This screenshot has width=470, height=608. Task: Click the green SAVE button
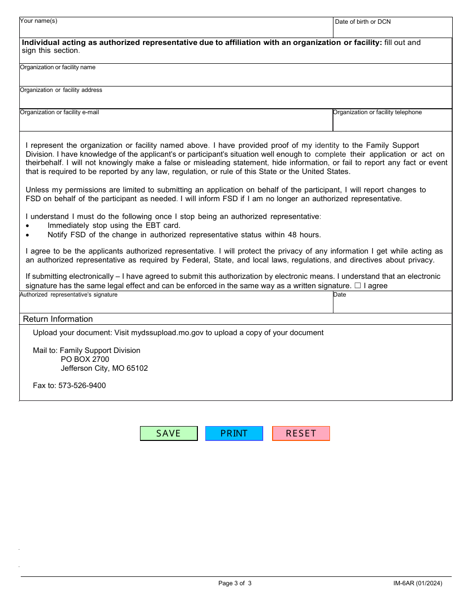point(169,434)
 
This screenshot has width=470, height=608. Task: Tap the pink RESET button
point(301,434)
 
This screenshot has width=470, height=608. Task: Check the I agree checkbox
point(357,286)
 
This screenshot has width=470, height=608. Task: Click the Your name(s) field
point(176,30)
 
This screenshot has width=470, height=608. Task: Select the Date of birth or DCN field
point(392,30)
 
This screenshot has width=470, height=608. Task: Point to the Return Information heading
point(58,319)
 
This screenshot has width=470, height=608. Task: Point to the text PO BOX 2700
point(85,359)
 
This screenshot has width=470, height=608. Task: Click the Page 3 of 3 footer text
point(235,583)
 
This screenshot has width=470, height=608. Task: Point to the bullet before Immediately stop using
point(28,226)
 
